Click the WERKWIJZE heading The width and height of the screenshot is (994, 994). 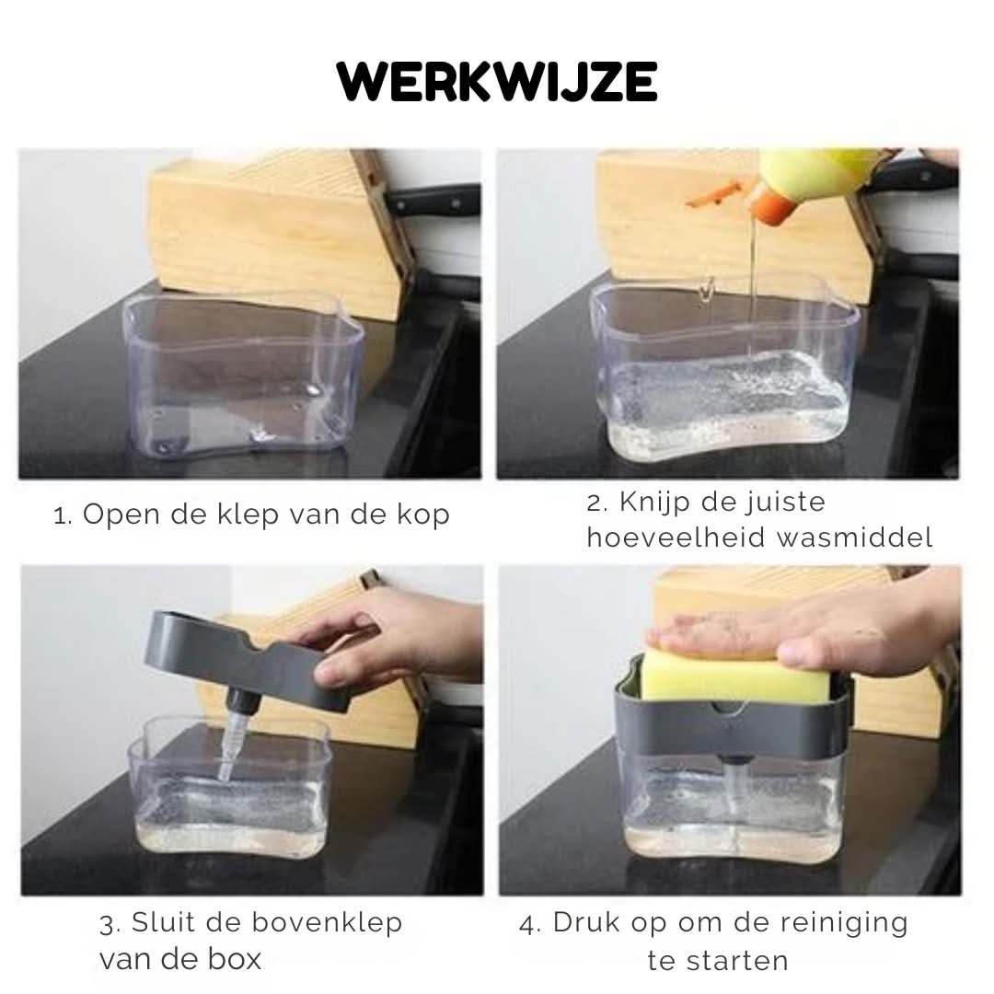click(x=497, y=83)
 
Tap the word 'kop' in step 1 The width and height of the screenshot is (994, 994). click(x=427, y=515)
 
